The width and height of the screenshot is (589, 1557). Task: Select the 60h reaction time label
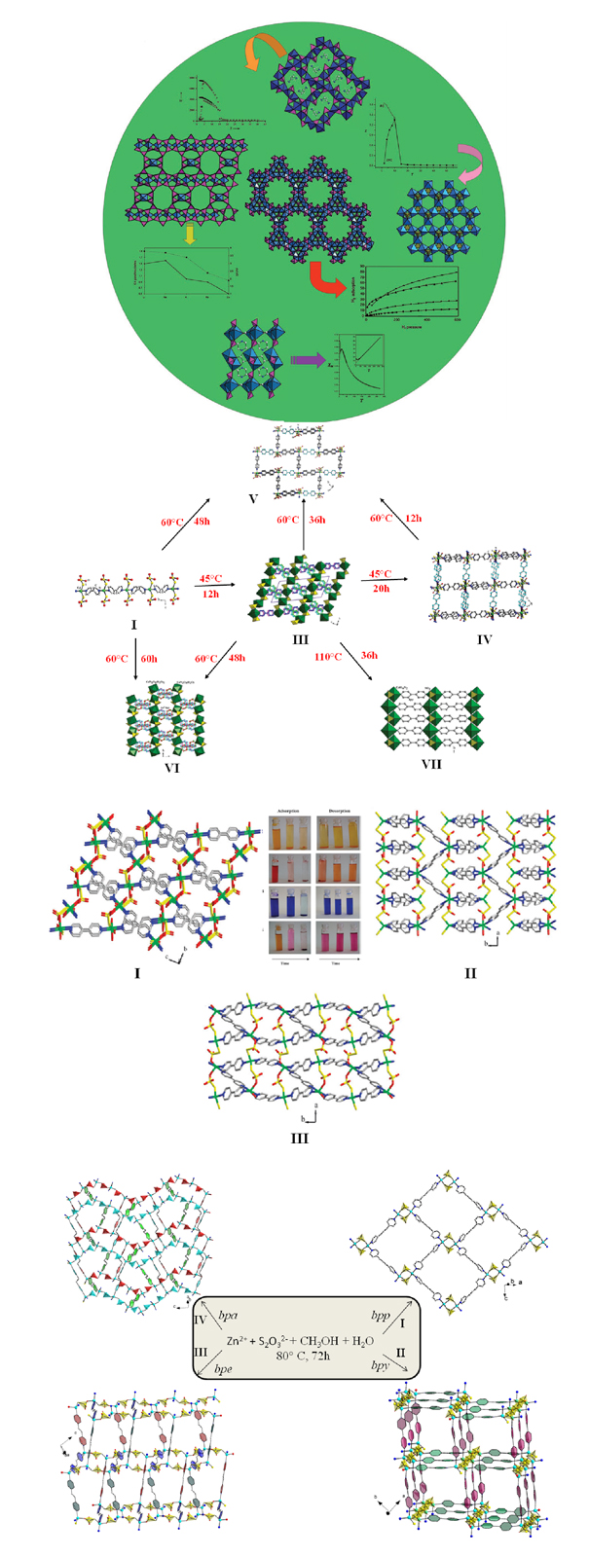coord(148,659)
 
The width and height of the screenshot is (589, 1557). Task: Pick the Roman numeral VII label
coord(430,764)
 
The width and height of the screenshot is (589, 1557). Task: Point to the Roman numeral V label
coord(252,498)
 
